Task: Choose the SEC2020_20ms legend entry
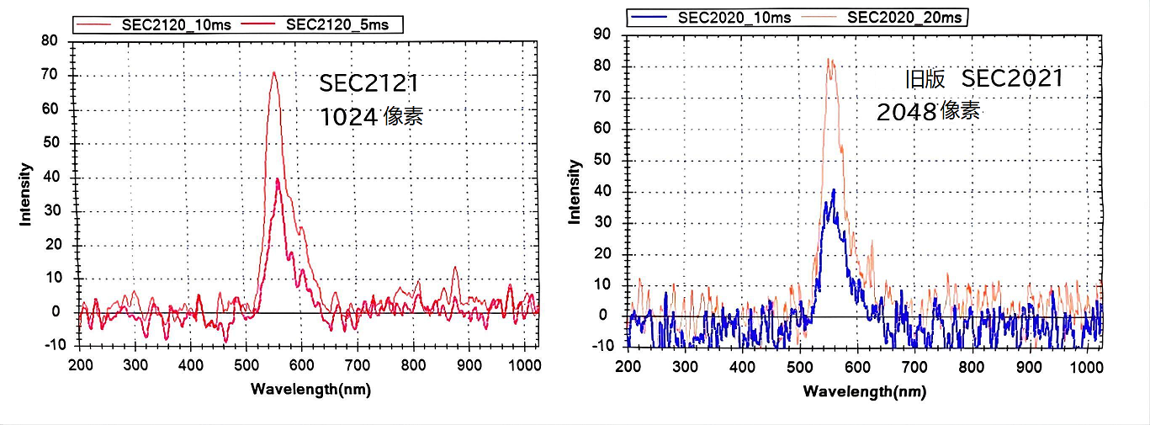(892, 16)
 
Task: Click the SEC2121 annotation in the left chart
(368, 83)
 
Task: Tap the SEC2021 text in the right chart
(1012, 78)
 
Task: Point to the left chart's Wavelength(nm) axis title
(310, 389)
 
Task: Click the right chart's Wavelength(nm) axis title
(864, 390)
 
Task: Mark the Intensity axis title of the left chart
(26, 194)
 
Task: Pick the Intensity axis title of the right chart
(575, 192)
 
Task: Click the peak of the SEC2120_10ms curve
(273, 72)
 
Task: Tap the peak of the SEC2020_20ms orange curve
(829, 59)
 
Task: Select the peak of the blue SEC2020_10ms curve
(833, 190)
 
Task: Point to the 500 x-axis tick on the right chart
(799, 367)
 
